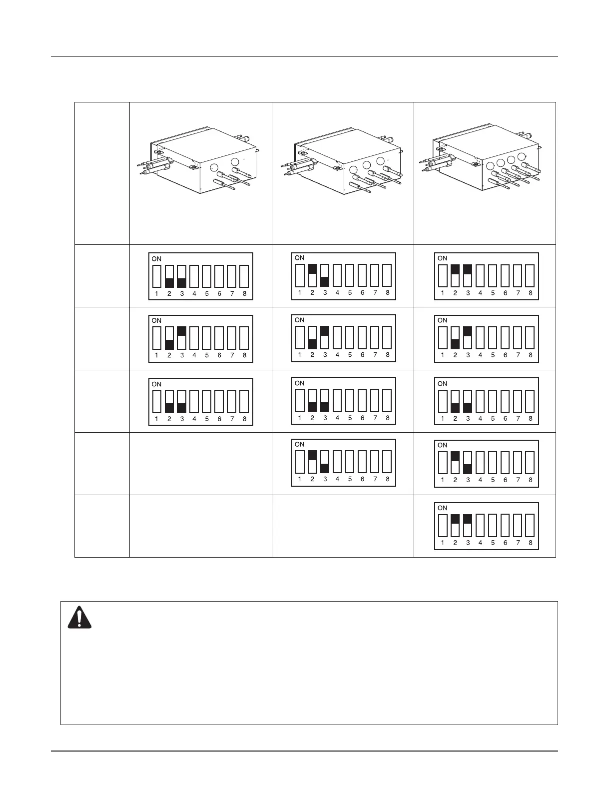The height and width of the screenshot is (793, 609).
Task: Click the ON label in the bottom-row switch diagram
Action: click(x=442, y=508)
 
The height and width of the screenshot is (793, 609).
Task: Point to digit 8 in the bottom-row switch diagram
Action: click(x=530, y=543)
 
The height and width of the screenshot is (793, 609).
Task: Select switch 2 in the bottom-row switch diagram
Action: click(x=455, y=524)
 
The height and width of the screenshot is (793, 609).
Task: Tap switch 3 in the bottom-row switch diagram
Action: click(x=468, y=524)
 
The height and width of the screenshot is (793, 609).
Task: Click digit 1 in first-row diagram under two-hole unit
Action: click(x=156, y=294)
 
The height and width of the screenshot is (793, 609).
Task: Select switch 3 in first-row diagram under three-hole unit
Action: click(x=325, y=275)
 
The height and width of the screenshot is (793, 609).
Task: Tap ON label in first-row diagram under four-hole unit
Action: click(x=442, y=258)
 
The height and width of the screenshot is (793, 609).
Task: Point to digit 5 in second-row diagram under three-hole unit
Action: click(x=350, y=355)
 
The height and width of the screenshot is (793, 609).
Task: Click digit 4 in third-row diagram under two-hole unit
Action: click(x=194, y=419)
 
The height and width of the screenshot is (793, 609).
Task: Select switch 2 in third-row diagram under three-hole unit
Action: click(x=312, y=400)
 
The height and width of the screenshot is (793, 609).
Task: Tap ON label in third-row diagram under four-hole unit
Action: click(x=442, y=384)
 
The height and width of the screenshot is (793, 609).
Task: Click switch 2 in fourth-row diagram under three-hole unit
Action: click(x=312, y=461)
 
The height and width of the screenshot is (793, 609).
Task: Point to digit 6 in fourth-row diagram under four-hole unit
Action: click(x=505, y=481)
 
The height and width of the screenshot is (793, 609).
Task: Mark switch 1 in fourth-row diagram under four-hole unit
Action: click(x=443, y=462)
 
